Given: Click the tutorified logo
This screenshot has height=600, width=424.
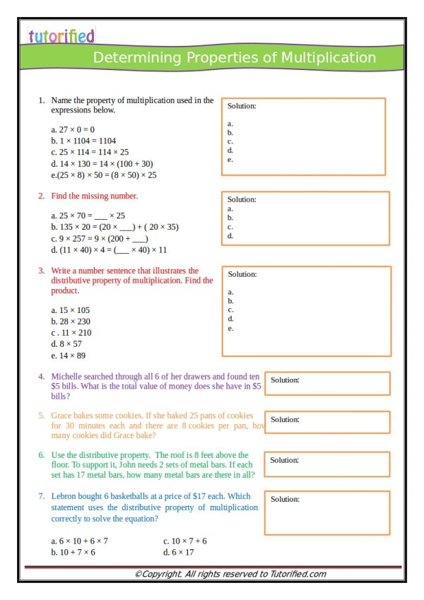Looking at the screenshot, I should (x=61, y=35).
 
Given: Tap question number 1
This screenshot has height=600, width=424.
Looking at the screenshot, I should (x=42, y=101).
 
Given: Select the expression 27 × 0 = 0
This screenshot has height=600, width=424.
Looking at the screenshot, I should (x=73, y=129).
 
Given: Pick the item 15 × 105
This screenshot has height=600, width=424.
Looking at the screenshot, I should (x=71, y=310).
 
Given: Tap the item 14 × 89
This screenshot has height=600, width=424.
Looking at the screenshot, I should (x=69, y=355).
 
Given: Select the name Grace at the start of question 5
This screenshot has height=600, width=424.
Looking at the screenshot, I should (x=63, y=416).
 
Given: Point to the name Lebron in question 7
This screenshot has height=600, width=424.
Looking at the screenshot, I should (x=65, y=497).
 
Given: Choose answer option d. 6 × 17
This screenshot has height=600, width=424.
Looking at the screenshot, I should (x=178, y=552).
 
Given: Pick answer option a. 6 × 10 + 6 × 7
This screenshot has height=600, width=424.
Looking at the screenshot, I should (x=79, y=541).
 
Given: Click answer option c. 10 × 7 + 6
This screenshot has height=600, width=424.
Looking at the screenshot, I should (x=184, y=541).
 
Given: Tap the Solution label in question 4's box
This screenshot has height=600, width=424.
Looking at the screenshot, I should (x=285, y=380).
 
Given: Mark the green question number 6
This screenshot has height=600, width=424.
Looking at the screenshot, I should (x=42, y=455).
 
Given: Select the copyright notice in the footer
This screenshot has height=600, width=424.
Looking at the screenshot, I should (x=230, y=574).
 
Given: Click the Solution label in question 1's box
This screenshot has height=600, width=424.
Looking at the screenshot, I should (x=242, y=106).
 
